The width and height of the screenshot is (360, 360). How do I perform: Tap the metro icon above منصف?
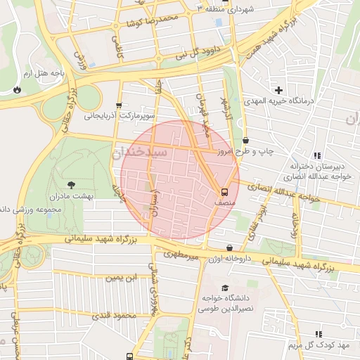tap(224, 191)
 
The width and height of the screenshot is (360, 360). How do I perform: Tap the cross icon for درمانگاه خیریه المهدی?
tap(279, 90)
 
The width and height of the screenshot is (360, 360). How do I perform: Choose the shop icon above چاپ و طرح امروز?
tap(245, 140)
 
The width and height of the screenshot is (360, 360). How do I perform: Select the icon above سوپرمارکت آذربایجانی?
tap(118, 104)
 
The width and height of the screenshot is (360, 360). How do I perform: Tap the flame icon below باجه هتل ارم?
tap(17, 90)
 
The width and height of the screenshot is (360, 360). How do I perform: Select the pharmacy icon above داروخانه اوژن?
tap(230, 247)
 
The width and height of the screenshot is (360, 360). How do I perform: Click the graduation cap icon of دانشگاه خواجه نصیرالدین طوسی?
tap(224, 288)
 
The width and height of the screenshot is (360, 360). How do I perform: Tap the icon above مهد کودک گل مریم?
tap(318, 334)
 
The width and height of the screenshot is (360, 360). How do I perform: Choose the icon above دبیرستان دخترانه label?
tap(316, 155)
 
